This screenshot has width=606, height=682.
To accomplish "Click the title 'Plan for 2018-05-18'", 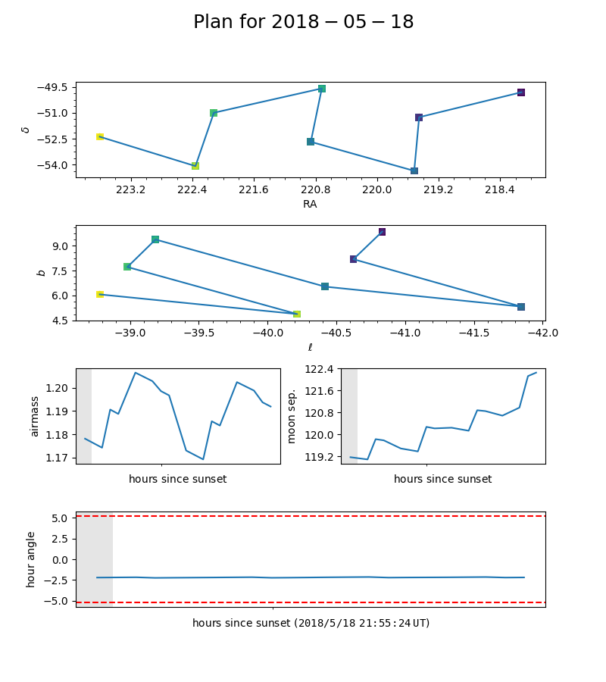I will point(303,22).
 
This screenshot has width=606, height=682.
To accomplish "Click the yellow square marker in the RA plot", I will point(100,136).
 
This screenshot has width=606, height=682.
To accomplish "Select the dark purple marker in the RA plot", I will point(521,92).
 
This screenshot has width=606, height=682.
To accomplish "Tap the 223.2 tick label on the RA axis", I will point(131,189).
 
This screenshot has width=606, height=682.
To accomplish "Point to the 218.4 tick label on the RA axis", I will point(500,189).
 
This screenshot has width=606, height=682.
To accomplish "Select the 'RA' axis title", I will point(310,204).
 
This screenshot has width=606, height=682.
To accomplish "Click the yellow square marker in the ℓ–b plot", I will point(100,294).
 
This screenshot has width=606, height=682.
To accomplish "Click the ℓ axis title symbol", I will point(310,348).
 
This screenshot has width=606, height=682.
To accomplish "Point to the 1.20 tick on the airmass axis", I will point(58,388).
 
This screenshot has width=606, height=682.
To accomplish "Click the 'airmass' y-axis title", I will point(34,416).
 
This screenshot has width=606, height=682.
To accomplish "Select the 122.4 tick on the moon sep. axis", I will point(319,369).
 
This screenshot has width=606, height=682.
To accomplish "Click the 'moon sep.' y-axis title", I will point(292,416).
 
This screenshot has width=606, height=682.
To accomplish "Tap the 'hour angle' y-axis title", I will point(31,559).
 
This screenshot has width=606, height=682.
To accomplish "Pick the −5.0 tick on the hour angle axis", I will point(58,601).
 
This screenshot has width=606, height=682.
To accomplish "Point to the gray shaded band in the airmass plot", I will point(83,416).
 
